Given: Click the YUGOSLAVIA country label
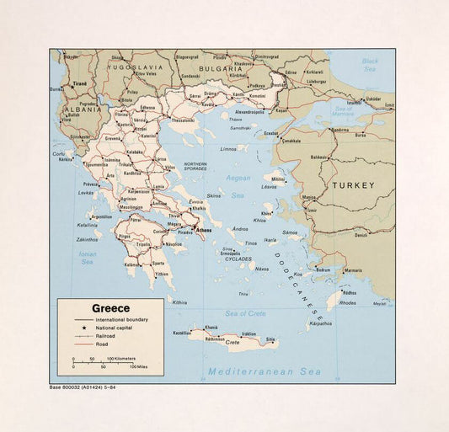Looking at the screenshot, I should pyautogui.click(x=127, y=67).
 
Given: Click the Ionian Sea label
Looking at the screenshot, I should pyautogui.click(x=88, y=258).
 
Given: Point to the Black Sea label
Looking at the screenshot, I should pyautogui.click(x=370, y=64).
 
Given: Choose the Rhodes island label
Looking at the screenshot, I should pyautogui.click(x=347, y=302).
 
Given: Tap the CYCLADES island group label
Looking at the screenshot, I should pyautogui.click(x=237, y=259).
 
